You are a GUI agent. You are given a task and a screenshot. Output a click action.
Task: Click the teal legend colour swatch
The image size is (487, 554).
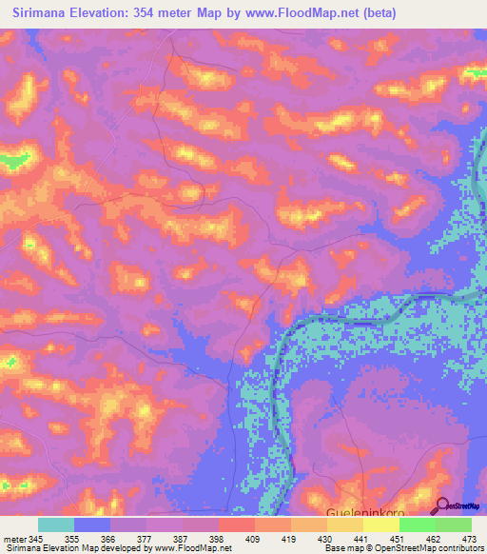(x=56, y=524)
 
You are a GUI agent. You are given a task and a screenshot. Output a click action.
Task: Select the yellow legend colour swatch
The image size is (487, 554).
(x=381, y=524)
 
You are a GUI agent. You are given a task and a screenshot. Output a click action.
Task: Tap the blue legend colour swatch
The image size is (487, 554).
(x=92, y=524)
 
